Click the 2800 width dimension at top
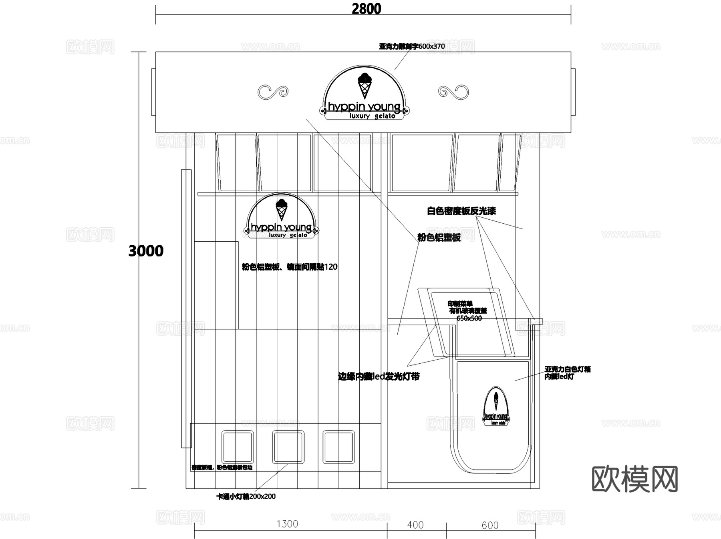pyautogui.click(x=366, y=9)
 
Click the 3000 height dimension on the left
pyautogui.click(x=146, y=251)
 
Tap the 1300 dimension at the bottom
pyautogui.click(x=287, y=524)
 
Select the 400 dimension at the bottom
pyautogui.click(x=415, y=525)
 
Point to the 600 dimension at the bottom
pyautogui.click(x=490, y=525)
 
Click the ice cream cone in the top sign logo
pyautogui.click(x=365, y=86)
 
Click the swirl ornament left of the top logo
pyautogui.click(x=273, y=92)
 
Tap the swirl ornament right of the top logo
pyautogui.click(x=453, y=92)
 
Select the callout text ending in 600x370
pyautogui.click(x=412, y=46)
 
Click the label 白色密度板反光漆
pyautogui.click(x=461, y=211)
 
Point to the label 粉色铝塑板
pyautogui.click(x=439, y=237)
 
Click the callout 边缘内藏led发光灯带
pyautogui.click(x=379, y=376)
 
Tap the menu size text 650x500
pyautogui.click(x=469, y=319)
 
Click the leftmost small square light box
pyautogui.click(x=238, y=447)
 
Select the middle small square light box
pyautogui.click(x=288, y=447)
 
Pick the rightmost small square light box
pyautogui.click(x=339, y=447)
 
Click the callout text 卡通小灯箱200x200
pyautogui.click(x=246, y=497)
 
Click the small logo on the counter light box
pyautogui.click(x=496, y=407)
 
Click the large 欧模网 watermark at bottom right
pyautogui.click(x=634, y=479)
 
